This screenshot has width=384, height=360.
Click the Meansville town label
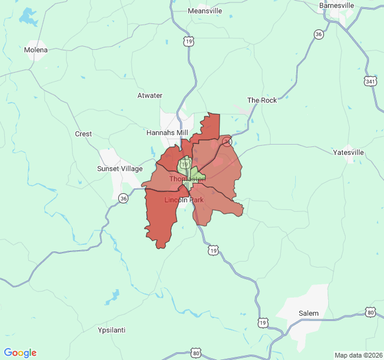(x=205, y=11)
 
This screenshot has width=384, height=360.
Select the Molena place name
(x=35, y=50)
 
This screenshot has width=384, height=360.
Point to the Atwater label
(x=150, y=95)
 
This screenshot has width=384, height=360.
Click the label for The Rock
(x=262, y=100)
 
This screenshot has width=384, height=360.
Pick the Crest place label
(x=83, y=134)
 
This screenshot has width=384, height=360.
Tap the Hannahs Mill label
(x=167, y=133)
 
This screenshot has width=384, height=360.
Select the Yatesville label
(x=349, y=152)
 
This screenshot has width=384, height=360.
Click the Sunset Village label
(x=120, y=169)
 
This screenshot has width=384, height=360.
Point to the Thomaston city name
(x=187, y=179)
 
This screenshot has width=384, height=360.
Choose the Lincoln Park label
(x=184, y=199)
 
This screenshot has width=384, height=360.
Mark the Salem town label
(x=309, y=313)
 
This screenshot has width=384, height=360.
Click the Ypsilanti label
(x=112, y=330)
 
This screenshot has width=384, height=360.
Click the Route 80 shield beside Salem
(x=371, y=313)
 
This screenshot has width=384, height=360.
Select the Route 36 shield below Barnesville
(x=319, y=35)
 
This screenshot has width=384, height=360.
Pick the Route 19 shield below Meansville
(x=189, y=41)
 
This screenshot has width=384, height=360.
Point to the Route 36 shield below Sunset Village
(x=123, y=198)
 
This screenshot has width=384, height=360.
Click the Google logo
(x=20, y=353)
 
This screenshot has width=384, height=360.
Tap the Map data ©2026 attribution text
(x=358, y=355)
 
